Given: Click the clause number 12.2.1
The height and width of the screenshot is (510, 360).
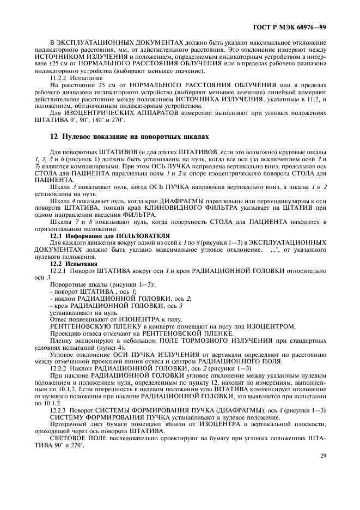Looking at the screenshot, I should [58, 270].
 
